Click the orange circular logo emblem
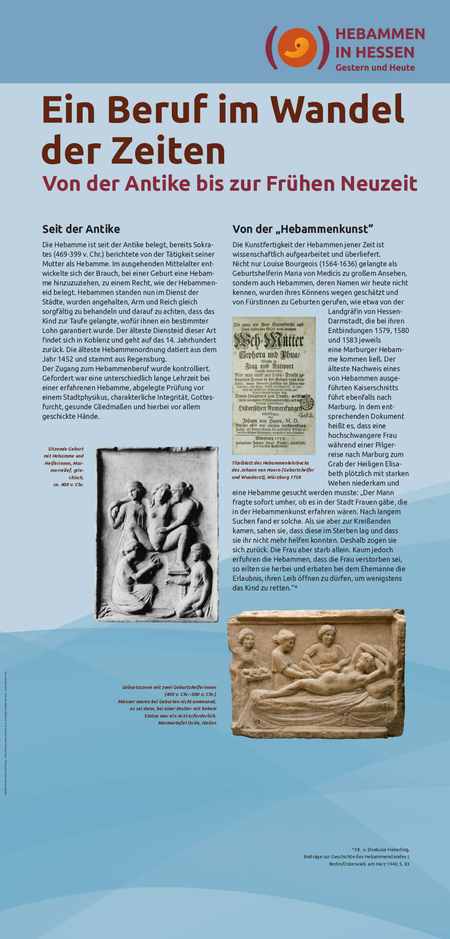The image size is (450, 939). pyautogui.click(x=297, y=48)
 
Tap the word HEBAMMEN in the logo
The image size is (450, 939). pyautogui.click(x=380, y=34)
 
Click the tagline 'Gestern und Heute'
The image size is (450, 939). pyautogui.click(x=375, y=68)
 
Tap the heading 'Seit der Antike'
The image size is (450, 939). pyautogui.click(x=81, y=229)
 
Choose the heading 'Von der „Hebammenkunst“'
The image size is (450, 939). pyautogui.click(x=303, y=229)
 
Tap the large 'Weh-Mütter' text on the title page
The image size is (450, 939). pyautogui.click(x=269, y=341)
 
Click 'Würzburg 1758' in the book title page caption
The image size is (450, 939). pyautogui.click(x=284, y=477)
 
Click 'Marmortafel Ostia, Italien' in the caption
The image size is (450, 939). pyautogui.click(x=187, y=723)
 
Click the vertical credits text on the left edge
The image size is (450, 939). pyautogui.click(x=6, y=733)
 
